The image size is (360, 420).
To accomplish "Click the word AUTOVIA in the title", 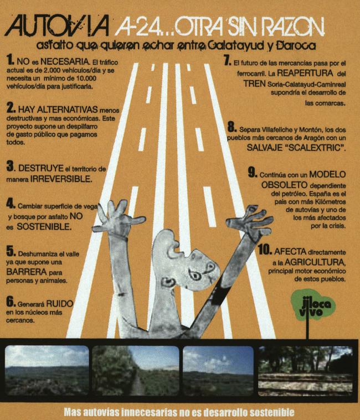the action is (57, 25).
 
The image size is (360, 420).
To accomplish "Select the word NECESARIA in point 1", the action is (65, 62).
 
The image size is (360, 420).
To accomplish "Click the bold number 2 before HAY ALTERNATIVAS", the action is (11, 108).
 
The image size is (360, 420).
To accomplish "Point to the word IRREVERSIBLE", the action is (61, 179).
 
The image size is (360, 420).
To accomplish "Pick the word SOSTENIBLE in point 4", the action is (44, 227).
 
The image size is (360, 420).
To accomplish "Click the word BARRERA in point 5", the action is (27, 272).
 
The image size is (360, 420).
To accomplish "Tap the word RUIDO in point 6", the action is (59, 303).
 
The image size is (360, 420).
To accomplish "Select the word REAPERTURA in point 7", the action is (305, 73).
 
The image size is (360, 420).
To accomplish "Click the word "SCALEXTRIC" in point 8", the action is (316, 148).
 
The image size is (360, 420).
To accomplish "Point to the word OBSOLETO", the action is (284, 185).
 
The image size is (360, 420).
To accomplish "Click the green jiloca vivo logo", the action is (312, 306).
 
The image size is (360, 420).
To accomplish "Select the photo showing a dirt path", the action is (136, 370).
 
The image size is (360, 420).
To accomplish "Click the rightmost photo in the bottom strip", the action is (305, 370).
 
